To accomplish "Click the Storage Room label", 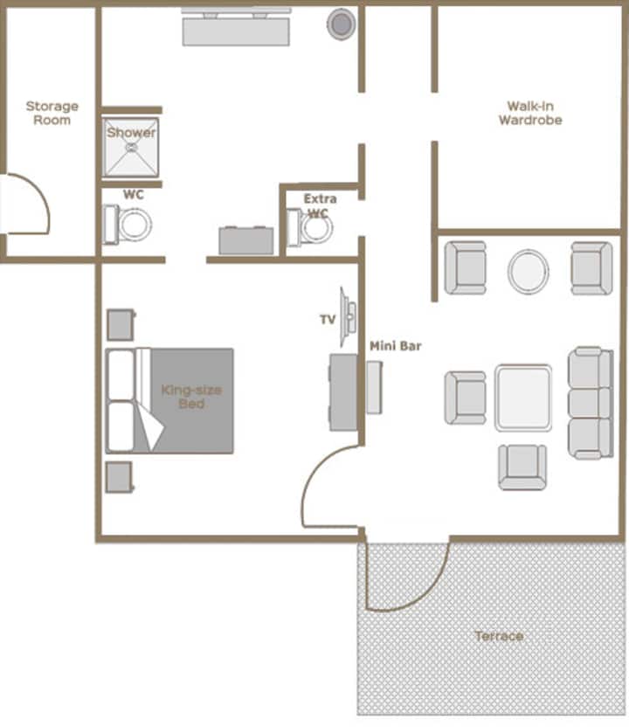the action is point(52,113).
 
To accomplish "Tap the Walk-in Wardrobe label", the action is point(530,113).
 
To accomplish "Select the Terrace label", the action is point(499,635).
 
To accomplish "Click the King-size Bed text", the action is point(191,397).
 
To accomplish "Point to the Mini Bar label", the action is point(396,346).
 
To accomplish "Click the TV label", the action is point(328,319).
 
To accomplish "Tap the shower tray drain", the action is point(132,148).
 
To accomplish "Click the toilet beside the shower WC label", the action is point(128,225).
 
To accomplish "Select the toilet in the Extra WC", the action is point(309,227).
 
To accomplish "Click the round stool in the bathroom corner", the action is point(342,24).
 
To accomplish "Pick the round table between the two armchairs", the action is point(529,271).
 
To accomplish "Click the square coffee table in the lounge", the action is point(523,398).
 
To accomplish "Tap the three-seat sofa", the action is point(591,403).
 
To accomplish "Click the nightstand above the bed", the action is point(121,324).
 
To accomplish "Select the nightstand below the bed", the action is point(120,477).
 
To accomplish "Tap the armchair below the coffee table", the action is point(522,467).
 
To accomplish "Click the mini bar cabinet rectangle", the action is point(375,388).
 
